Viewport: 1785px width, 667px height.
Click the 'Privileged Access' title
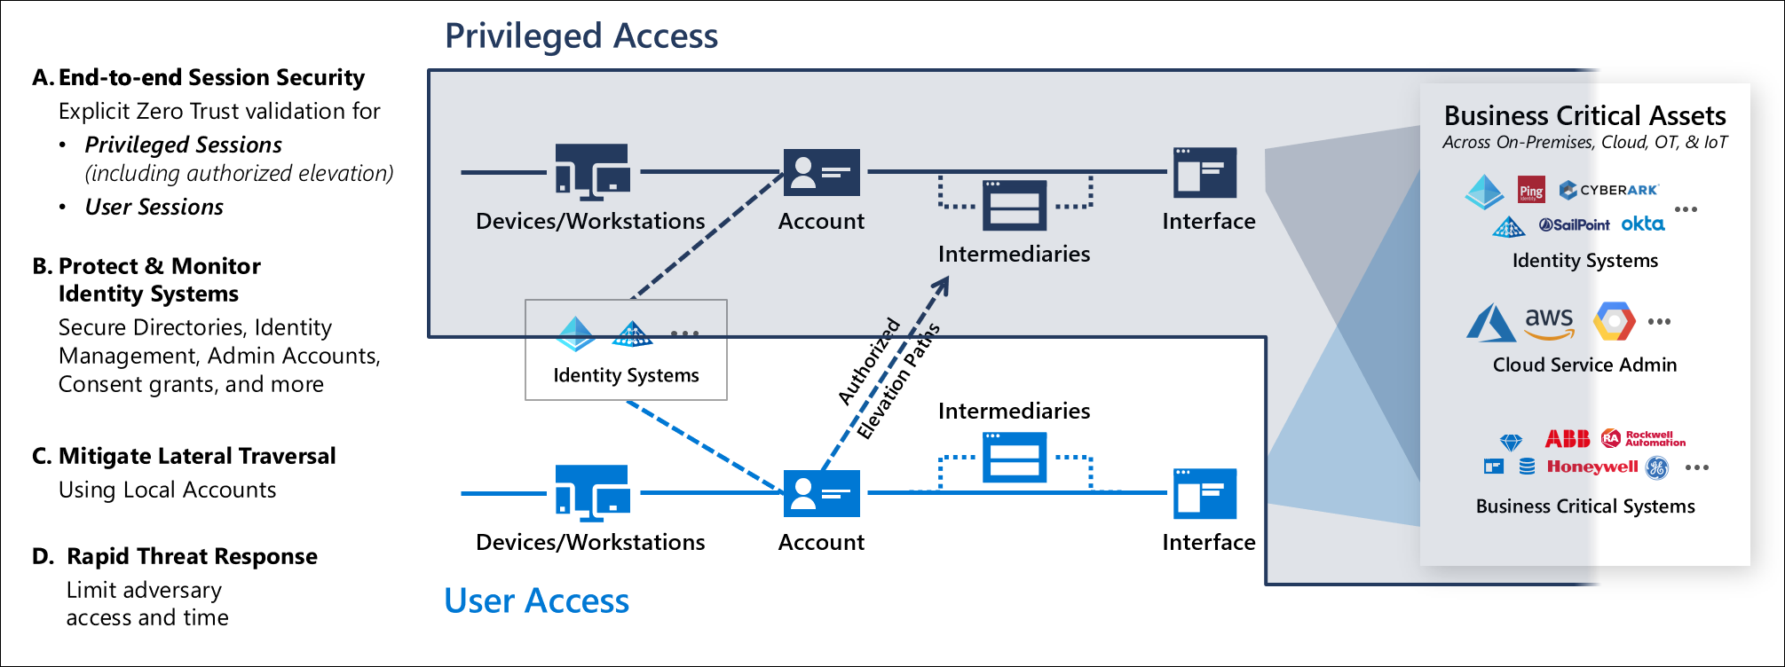(581, 36)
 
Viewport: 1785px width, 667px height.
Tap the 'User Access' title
(536, 600)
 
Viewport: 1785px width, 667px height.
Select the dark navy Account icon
(821, 172)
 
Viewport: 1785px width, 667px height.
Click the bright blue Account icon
(821, 493)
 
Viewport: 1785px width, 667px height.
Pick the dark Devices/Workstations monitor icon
(592, 170)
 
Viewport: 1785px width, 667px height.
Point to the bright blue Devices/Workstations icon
(592, 491)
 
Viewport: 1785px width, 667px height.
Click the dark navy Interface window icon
(1204, 172)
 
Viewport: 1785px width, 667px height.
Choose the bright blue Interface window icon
(1204, 493)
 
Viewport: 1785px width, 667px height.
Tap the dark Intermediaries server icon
(1015, 205)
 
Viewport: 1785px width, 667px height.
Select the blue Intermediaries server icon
(1015, 457)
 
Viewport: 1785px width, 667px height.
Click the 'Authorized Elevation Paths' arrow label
(888, 377)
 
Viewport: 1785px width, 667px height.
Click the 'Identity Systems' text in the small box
(626, 375)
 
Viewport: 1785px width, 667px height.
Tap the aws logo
(1549, 322)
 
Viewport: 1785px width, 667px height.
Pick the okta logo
(1642, 224)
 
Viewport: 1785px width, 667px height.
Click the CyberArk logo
(1608, 190)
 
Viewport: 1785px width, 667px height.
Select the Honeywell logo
(1591, 467)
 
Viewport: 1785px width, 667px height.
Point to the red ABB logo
(1567, 438)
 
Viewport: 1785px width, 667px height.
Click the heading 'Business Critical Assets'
(1584, 116)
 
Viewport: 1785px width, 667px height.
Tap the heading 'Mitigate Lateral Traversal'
(196, 456)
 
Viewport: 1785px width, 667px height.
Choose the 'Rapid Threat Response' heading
(192, 556)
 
